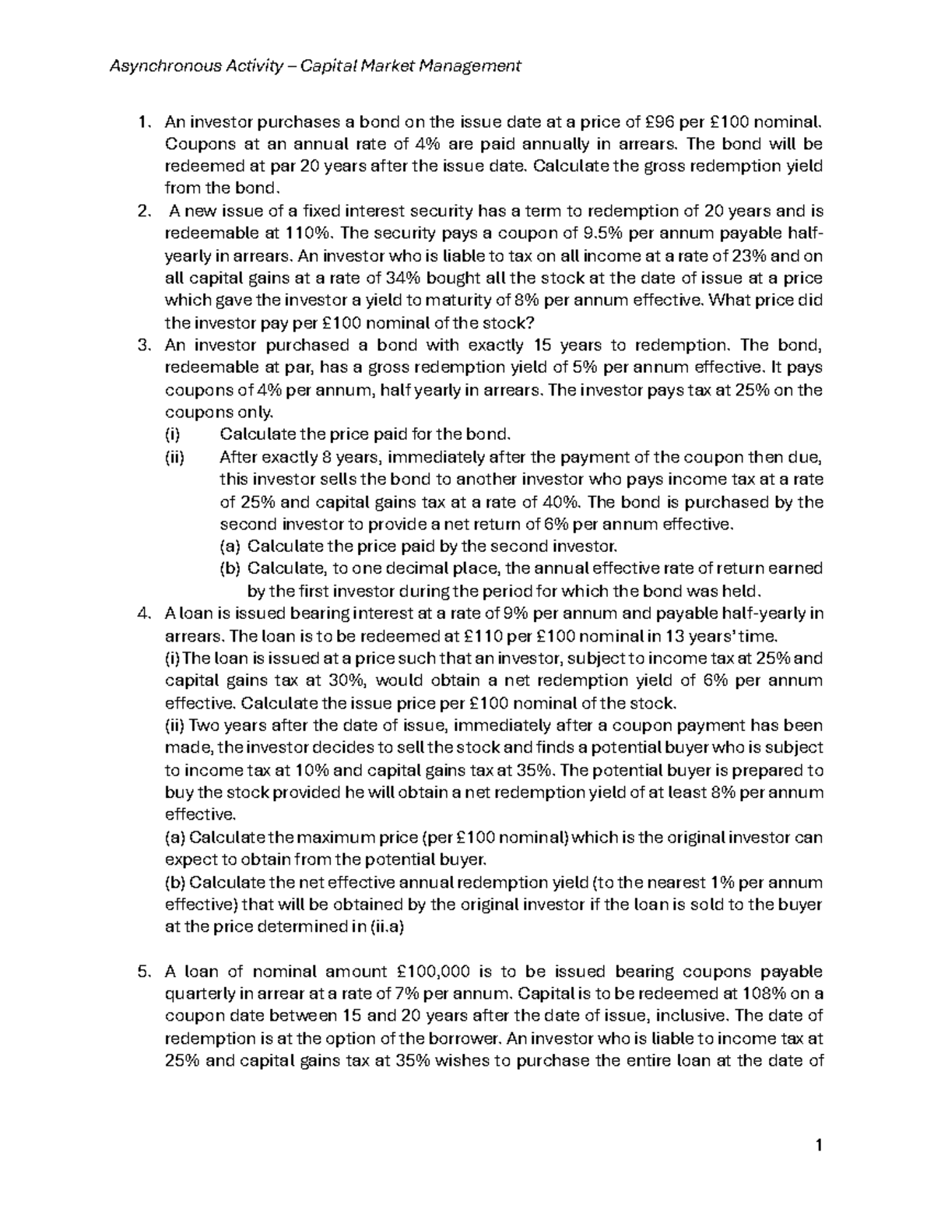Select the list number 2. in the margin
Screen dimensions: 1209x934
[142, 212]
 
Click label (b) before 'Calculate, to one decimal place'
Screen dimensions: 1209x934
[230, 569]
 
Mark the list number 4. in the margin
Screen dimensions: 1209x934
[142, 614]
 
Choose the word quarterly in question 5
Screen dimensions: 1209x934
[198, 994]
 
